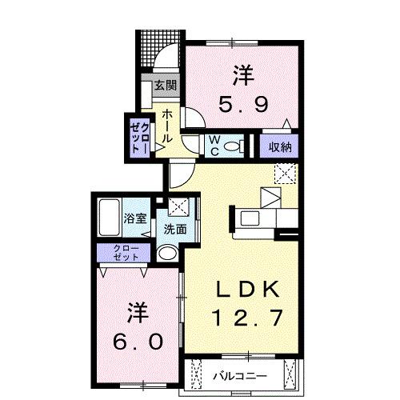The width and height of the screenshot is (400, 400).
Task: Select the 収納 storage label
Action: click(280, 147)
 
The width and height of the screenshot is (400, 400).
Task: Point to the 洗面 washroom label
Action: click(175, 228)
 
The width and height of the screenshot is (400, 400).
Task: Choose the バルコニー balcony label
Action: click(240, 374)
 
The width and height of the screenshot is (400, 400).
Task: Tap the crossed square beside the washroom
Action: click(177, 206)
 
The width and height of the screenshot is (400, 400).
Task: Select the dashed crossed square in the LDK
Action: click(284, 172)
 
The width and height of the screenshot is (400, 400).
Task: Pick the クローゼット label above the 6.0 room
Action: click(126, 253)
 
